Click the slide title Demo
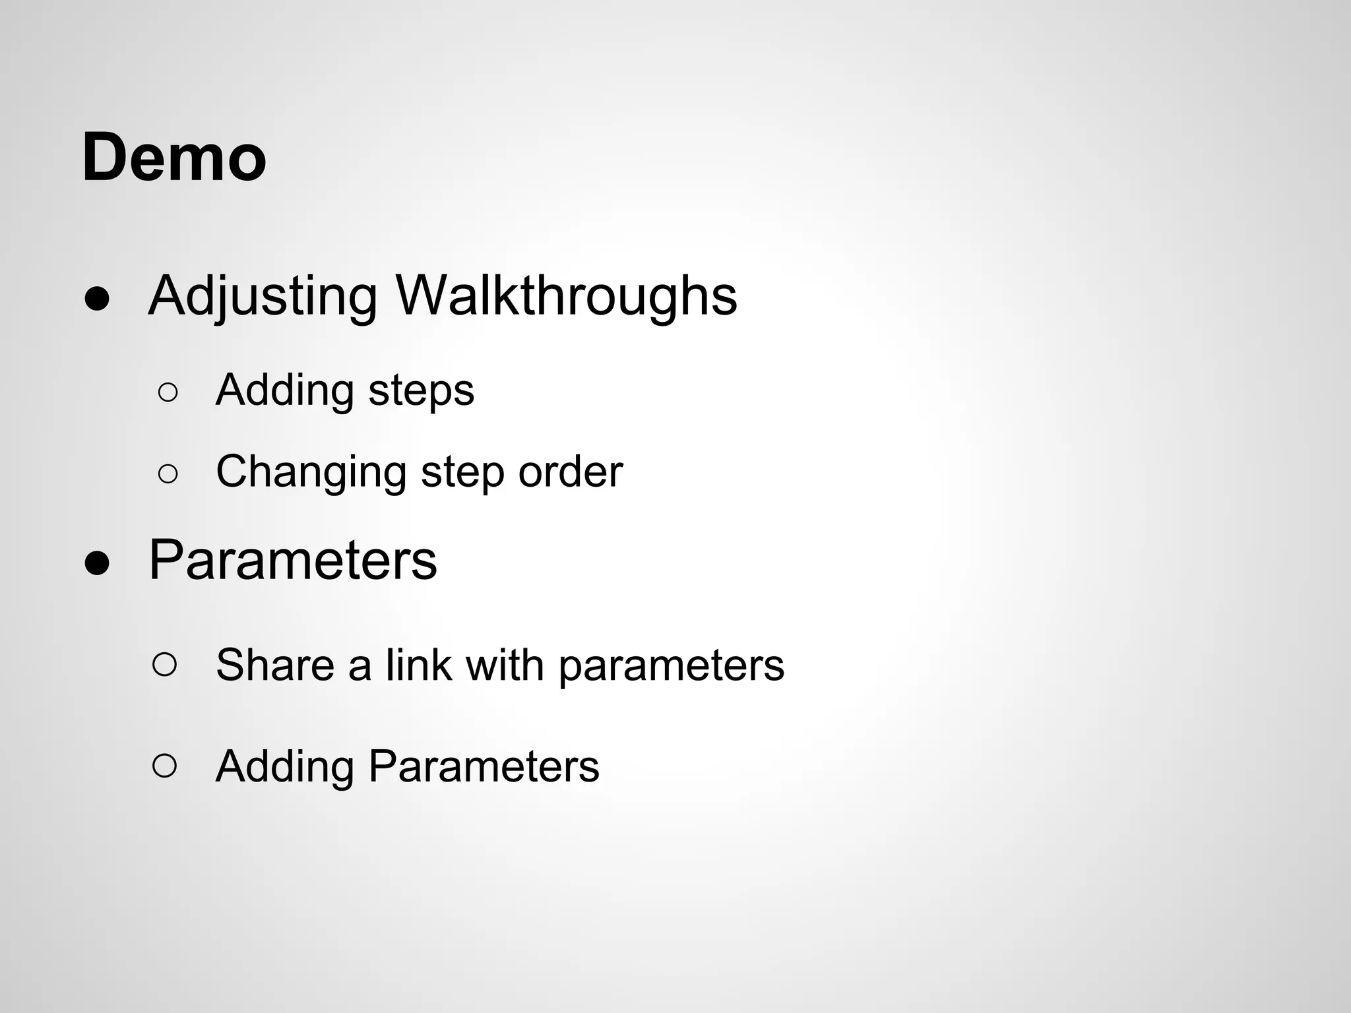174,158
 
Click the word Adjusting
263,297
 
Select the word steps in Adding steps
421,391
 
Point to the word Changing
311,473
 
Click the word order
570,472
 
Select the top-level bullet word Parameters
292,560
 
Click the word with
505,664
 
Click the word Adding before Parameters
285,766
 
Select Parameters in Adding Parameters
484,766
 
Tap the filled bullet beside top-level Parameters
97,564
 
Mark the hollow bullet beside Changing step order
168,474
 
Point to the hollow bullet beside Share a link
164,665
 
